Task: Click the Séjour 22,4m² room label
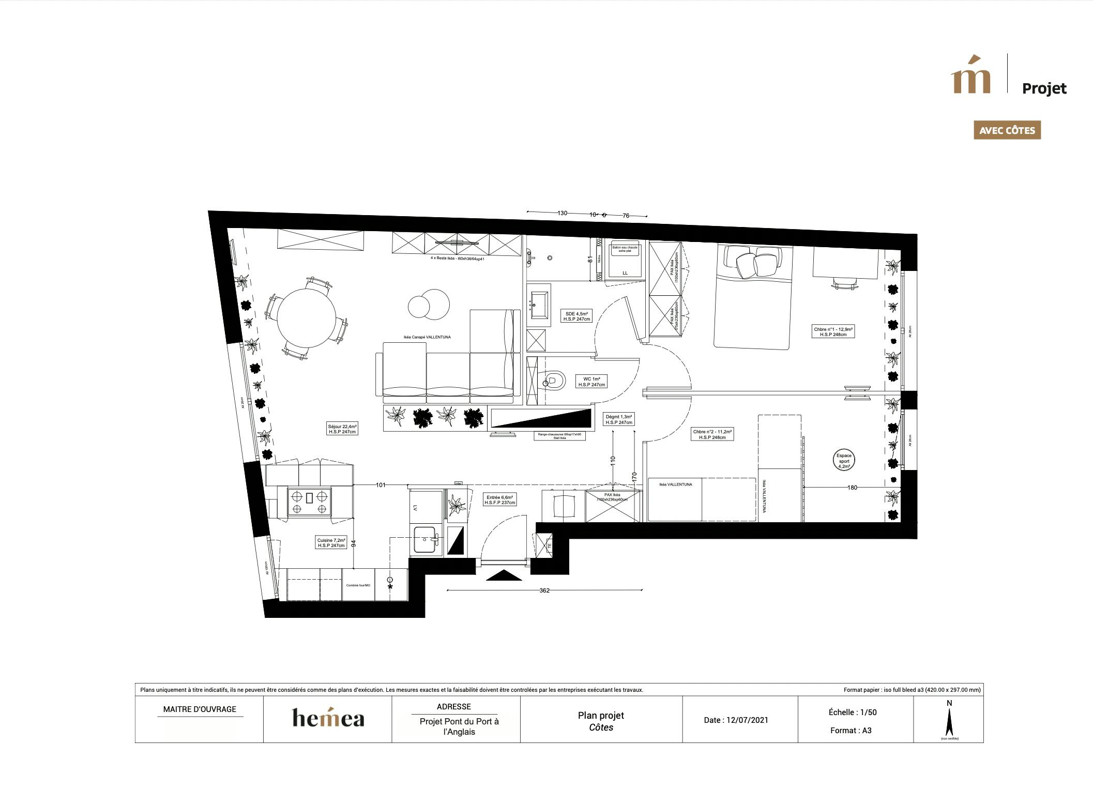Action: (x=342, y=429)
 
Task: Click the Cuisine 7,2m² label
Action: (x=331, y=542)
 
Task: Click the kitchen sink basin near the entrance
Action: (x=425, y=540)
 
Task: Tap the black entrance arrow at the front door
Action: (x=504, y=575)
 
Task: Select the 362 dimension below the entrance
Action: (x=544, y=590)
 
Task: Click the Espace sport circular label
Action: (x=844, y=461)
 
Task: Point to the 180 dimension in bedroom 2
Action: (x=852, y=487)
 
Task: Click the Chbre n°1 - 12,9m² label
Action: (x=833, y=331)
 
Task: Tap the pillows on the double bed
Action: (x=753, y=262)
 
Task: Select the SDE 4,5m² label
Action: (x=576, y=316)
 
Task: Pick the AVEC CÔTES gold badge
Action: (x=1007, y=130)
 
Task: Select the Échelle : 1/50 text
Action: (x=853, y=712)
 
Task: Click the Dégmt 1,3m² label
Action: (x=619, y=419)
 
